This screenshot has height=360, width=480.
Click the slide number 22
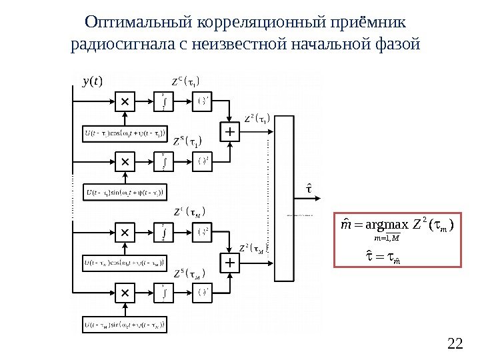pos(455,344)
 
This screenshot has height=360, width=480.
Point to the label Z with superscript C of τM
pos(188,213)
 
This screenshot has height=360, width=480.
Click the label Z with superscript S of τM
pos(188,273)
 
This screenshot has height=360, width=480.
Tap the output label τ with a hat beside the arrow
pos(309,189)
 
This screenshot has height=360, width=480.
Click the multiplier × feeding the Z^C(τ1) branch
pos(125,102)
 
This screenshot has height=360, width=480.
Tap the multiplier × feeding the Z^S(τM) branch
pos(125,293)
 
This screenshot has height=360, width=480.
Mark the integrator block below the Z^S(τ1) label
pos(164,161)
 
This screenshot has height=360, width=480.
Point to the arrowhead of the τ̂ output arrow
pos(325,199)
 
